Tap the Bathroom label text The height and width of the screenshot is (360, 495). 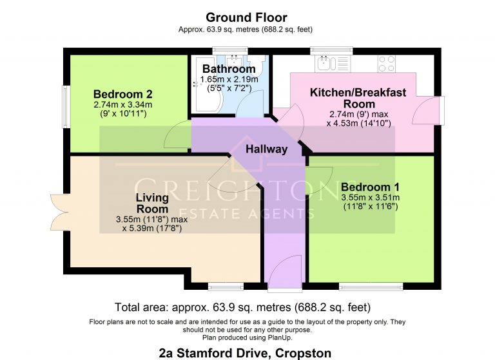tap(229, 69)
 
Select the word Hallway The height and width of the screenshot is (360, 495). tap(266, 149)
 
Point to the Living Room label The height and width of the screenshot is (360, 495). tap(152, 203)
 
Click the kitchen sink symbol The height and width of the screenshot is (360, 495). tap(324, 62)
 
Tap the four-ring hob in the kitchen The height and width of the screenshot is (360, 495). tap(387, 63)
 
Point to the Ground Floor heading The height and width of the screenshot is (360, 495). tap(246, 17)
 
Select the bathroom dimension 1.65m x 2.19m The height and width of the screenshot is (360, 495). tap(229, 80)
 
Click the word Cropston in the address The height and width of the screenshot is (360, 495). tap(304, 352)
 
